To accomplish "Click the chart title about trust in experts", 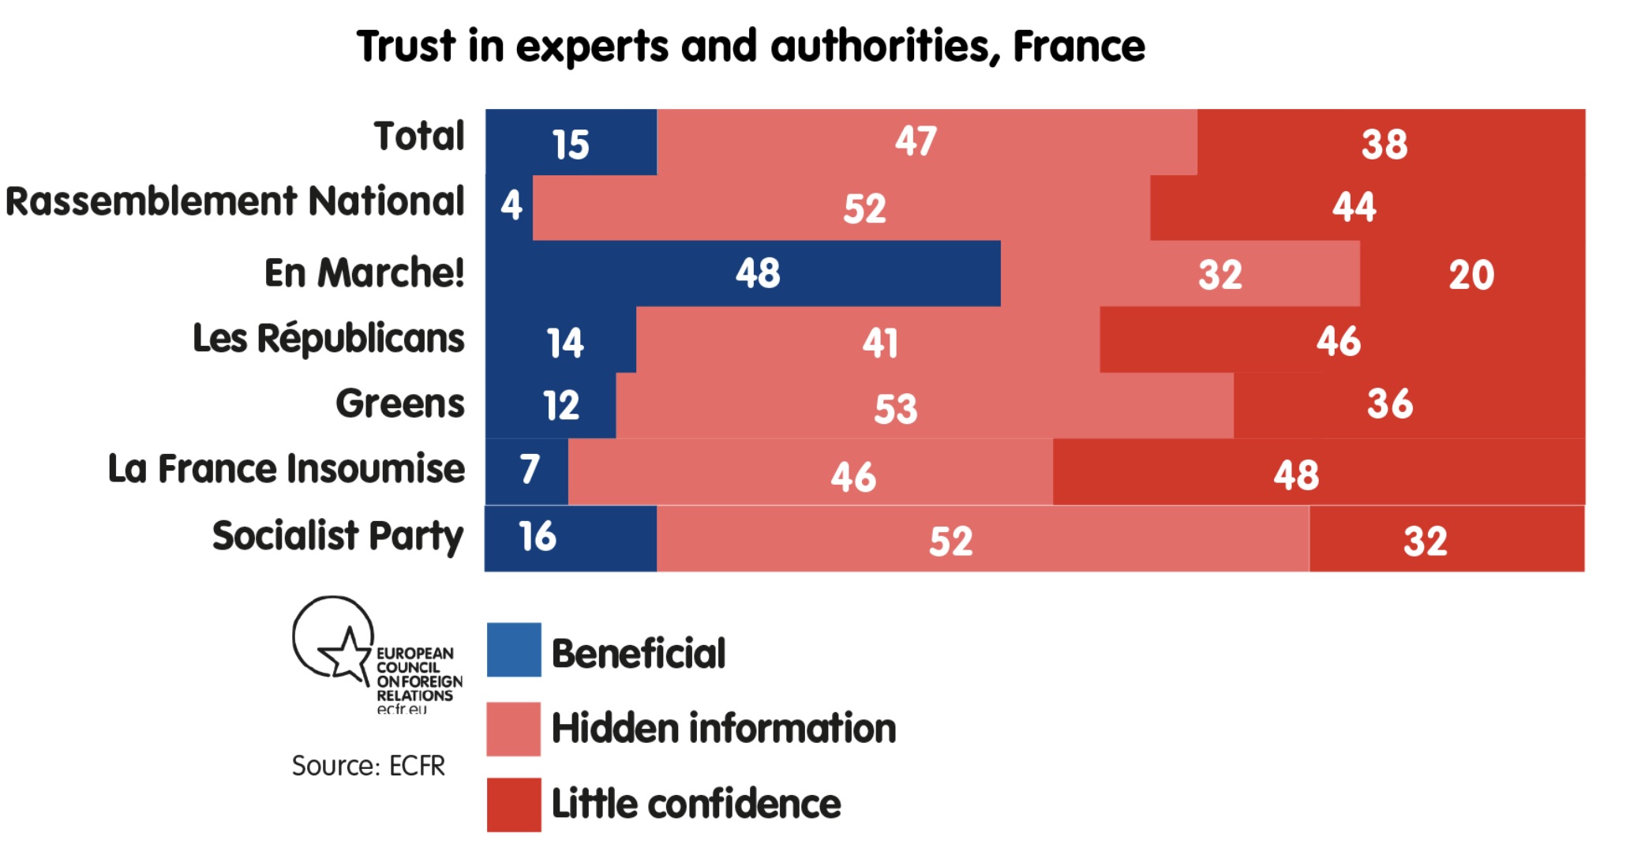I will pos(750,46).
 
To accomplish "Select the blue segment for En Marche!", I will pos(742,273).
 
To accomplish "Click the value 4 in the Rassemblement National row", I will pos(511,205).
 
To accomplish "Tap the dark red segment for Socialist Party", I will pos(1446,539).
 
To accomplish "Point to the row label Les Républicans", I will pos(328,339).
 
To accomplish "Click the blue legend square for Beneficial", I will pos(514,650).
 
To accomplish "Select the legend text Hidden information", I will pos(723,728).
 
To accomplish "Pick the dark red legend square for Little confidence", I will pos(514,805).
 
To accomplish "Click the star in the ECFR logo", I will pos(345,653).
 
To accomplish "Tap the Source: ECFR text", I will pos(368,766).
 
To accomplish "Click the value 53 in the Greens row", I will pos(896,409).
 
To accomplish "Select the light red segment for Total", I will pos(926,142).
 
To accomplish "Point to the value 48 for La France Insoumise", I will pos(1296,475).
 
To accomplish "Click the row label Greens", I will pos(399,403).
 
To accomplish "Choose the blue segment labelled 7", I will pos(527,471).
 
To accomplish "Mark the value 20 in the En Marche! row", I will pos(1471,275).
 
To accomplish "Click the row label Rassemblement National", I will pos(234,201).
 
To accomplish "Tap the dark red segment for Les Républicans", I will pos(1342,340).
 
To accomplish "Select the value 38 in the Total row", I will pos(1384,144).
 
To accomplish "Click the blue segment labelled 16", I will pos(570,538).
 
